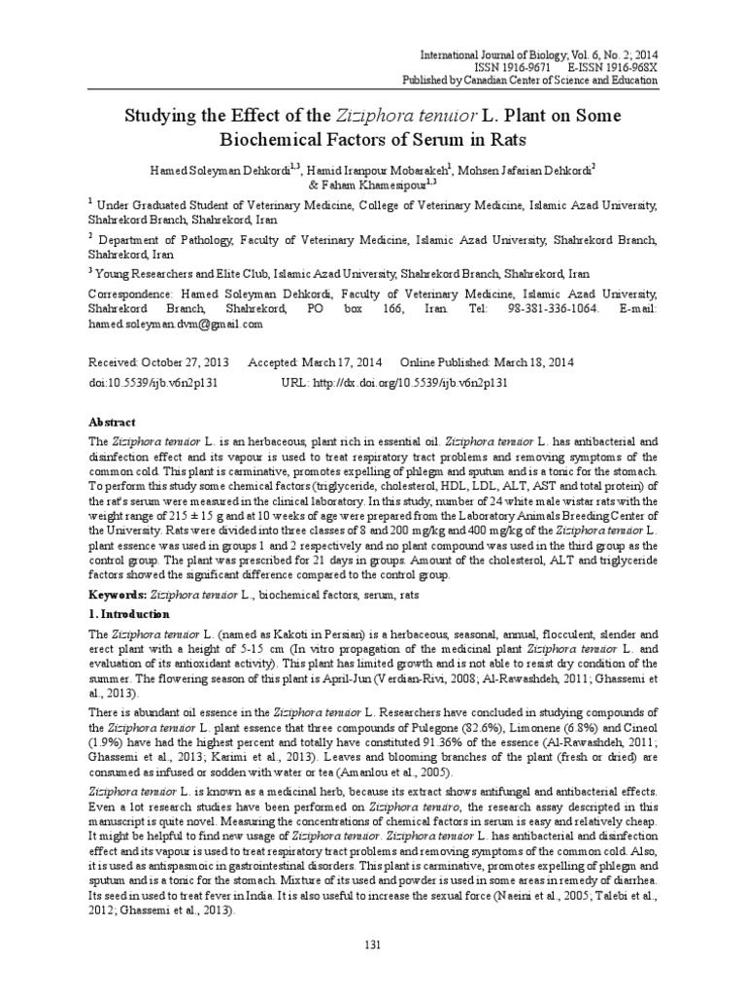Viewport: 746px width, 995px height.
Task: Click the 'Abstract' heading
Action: pyautogui.click(x=113, y=423)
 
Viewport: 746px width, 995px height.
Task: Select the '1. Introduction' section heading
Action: pyautogui.click(x=128, y=614)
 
